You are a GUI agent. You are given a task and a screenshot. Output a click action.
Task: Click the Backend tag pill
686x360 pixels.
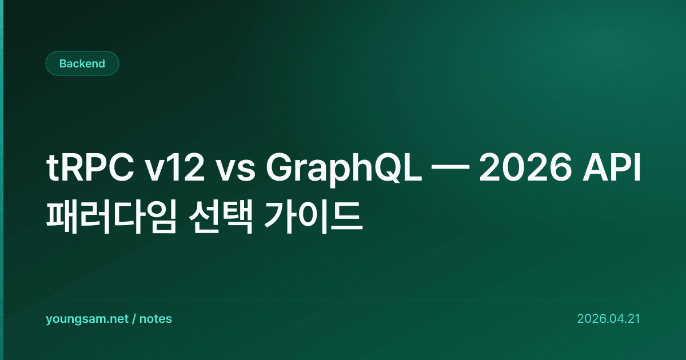(82, 63)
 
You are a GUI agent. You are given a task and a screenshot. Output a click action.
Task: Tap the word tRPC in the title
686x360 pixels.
(90, 168)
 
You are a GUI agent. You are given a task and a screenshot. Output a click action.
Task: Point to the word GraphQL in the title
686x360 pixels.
(344, 170)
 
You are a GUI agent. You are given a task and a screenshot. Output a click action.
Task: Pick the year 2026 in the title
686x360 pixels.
(525, 168)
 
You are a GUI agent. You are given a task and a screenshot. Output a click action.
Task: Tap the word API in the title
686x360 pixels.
(611, 168)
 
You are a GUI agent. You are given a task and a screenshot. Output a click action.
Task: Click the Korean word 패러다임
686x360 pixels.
(111, 217)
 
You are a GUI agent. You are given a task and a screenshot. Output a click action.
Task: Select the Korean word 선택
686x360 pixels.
(221, 217)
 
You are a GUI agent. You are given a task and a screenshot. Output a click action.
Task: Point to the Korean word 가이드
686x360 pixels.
(313, 217)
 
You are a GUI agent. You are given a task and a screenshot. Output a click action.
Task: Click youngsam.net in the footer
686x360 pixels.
(87, 319)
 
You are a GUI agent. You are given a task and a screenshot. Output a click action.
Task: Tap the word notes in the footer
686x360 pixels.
(155, 319)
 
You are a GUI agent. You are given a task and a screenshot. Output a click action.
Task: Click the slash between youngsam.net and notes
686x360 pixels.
(134, 319)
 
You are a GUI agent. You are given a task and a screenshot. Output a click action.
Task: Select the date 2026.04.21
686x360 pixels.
(608, 319)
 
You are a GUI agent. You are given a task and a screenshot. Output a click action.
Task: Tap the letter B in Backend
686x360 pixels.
(63, 63)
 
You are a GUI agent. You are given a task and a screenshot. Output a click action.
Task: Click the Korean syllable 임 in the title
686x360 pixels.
(160, 217)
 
